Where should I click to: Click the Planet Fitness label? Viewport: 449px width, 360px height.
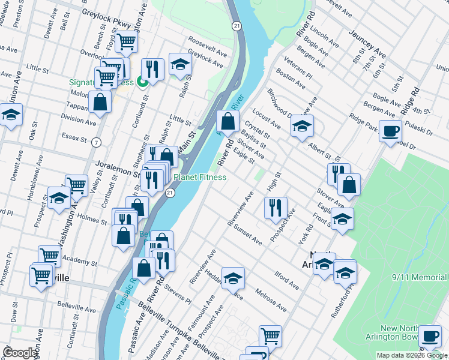click(200, 177)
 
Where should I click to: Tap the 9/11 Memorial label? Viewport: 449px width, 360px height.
click(420, 278)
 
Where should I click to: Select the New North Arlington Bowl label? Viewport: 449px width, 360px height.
click(414, 332)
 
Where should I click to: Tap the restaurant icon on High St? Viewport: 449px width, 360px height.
click(276, 208)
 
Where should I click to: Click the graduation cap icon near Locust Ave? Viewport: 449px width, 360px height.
click(302, 126)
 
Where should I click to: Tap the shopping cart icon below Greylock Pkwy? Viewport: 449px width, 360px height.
click(126, 41)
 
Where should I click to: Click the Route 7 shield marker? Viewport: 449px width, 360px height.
click(96, 142)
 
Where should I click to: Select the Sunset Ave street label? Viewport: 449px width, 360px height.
click(248, 236)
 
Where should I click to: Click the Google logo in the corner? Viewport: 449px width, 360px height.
click(20, 353)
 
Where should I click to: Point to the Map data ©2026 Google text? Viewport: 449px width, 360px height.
click(411, 355)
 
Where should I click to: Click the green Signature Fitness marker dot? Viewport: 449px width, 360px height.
click(143, 83)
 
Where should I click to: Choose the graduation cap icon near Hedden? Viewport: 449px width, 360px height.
click(233, 278)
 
